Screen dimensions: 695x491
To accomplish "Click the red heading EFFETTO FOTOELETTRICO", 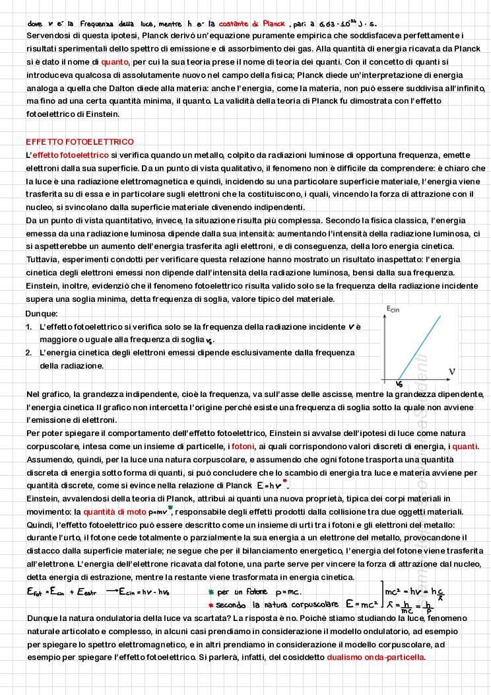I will [x=79, y=142].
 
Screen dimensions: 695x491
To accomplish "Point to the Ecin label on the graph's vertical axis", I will [x=395, y=309].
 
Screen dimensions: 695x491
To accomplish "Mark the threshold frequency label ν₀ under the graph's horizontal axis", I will [x=399, y=384].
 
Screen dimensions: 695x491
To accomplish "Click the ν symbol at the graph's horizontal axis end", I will [x=452, y=371].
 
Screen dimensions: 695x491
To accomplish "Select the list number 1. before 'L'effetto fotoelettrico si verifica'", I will [x=29, y=327].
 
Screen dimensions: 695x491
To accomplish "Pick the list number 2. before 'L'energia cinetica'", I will [x=29, y=353].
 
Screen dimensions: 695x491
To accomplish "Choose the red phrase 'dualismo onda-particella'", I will [x=375, y=657].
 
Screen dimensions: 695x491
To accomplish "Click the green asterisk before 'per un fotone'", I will [x=211, y=592].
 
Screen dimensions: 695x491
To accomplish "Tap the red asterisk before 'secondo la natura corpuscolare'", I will [x=211, y=604].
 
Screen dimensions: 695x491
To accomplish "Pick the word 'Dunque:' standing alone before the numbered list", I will [x=42, y=314].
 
